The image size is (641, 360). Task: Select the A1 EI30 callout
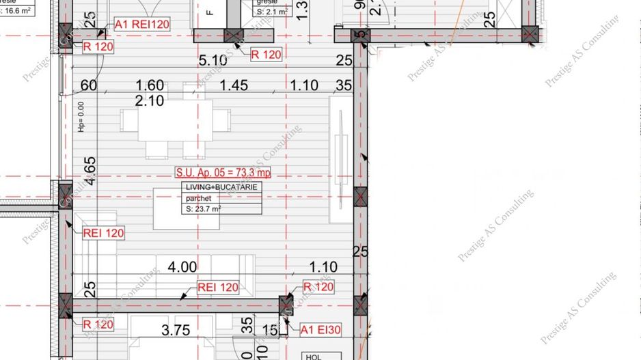click(x=320, y=330)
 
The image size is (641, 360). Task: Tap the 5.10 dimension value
click(x=212, y=61)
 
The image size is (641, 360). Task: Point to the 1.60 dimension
click(x=150, y=85)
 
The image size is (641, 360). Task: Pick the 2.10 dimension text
click(x=149, y=100)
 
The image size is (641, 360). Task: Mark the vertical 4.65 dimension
click(x=90, y=171)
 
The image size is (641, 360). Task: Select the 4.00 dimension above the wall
click(x=182, y=267)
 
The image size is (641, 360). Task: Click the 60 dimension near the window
click(x=88, y=85)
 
